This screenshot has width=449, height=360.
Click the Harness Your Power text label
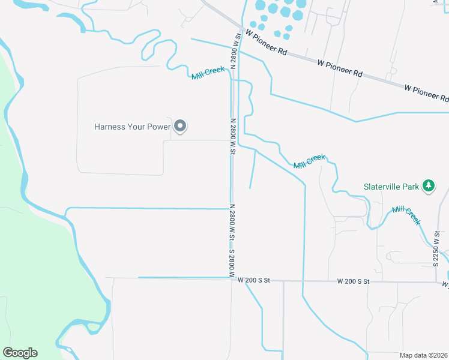133,127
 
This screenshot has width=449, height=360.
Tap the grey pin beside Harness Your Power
179,126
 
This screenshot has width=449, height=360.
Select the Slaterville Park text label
391,187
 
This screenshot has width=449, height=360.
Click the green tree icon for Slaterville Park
428,186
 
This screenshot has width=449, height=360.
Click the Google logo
20,353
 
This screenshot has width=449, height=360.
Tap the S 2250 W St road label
436,249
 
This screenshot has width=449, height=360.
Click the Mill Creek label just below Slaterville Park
406,215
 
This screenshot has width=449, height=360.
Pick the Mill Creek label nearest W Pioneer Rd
208,73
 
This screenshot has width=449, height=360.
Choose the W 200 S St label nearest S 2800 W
255,280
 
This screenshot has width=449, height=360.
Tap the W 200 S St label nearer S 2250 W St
354,281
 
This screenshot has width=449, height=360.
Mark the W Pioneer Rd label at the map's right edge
426,92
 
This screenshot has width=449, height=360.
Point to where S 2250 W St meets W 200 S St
436,281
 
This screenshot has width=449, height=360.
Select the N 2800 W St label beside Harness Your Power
231,137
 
